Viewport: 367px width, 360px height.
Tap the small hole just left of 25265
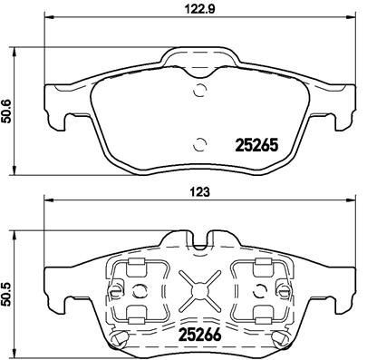199,141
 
